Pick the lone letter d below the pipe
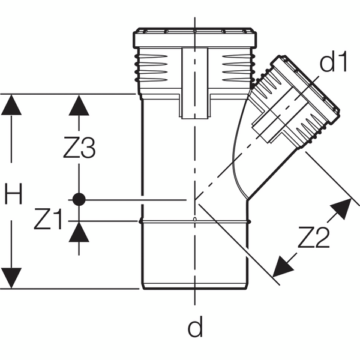click(195, 327)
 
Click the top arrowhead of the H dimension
click(11, 106)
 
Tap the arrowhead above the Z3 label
click(78, 106)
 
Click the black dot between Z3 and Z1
click(78, 199)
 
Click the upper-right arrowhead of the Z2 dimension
click(340, 208)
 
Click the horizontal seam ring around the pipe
click(195, 222)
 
